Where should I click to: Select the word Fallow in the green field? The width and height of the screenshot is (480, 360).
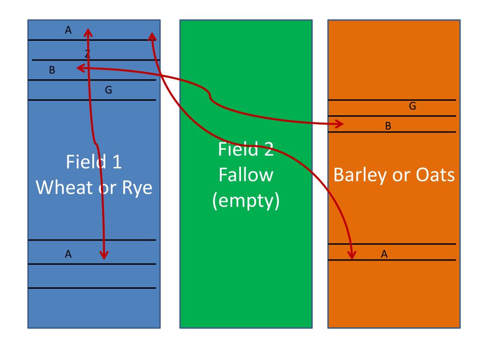246,175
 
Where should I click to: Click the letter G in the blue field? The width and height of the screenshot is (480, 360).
108,90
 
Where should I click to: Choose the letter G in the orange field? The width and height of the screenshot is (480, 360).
412,106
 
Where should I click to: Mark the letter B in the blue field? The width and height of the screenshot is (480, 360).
52,71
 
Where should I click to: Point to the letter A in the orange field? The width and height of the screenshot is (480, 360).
384,254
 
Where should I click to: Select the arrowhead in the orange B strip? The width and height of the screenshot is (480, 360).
341,124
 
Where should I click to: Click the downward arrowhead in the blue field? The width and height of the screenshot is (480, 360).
104,255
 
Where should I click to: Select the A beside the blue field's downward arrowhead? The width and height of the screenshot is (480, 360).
68,254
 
